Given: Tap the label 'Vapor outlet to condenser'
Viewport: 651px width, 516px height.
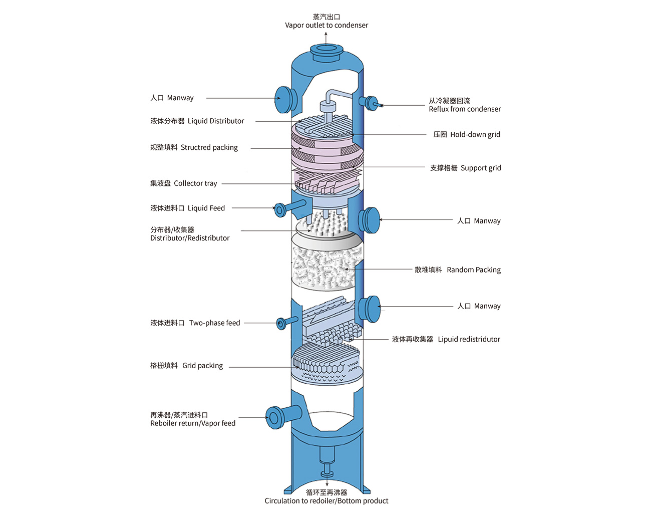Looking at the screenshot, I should (x=327, y=25).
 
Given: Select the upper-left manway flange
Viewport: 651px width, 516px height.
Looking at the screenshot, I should (x=283, y=99).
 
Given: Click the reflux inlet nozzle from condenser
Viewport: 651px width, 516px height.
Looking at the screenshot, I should (x=372, y=103).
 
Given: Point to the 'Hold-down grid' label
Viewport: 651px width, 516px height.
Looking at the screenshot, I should (x=475, y=134).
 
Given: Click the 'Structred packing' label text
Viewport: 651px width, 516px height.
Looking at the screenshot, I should (x=209, y=147).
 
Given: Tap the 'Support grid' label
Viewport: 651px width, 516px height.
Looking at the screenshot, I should (x=480, y=168).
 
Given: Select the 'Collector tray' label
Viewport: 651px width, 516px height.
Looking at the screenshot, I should (x=195, y=183).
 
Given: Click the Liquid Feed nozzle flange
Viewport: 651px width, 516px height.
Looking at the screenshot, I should (x=279, y=209).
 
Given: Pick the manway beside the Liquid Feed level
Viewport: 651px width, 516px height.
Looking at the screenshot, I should (x=370, y=220).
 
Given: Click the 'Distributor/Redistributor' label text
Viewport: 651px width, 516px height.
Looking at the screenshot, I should (x=190, y=238).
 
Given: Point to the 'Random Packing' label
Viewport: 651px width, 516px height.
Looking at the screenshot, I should (x=473, y=270).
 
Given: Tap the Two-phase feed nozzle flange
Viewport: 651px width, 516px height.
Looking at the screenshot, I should (x=281, y=323).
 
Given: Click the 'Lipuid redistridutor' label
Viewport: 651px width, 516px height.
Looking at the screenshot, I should (x=469, y=339).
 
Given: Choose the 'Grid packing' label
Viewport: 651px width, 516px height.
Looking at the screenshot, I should (x=202, y=366).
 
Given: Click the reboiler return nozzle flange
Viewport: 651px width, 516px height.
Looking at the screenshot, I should (x=274, y=417).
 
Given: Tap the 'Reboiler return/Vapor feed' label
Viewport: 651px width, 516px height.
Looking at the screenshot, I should (x=193, y=423).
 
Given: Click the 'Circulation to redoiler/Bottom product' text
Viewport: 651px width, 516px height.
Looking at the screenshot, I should (x=327, y=501).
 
